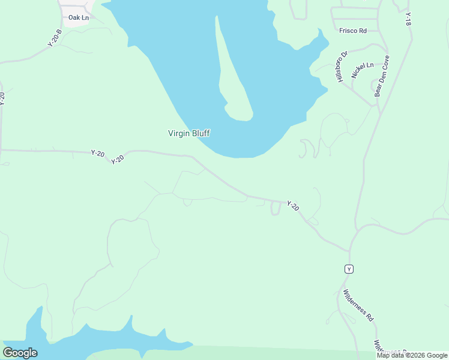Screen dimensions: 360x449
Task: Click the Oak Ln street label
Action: pos(79,18)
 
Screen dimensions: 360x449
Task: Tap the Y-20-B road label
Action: pos(55,38)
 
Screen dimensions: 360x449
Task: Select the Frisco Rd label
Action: pos(352,31)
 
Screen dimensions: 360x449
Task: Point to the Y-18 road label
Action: pos(408,19)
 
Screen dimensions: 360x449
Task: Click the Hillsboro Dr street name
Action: pos(342,67)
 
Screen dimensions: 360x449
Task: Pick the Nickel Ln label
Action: pos(363,70)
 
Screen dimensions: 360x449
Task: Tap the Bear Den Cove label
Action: pos(382,76)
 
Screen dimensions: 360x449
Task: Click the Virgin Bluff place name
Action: pos(188,134)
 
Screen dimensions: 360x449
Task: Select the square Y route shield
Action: pos(349,269)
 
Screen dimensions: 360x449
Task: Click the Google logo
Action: pos(20,353)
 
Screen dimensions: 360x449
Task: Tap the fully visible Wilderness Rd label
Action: pos(359,305)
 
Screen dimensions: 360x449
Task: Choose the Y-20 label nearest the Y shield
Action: pos(293,206)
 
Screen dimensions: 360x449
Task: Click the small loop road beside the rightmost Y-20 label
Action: pos(276,209)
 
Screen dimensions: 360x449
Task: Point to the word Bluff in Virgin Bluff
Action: pos(200,134)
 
